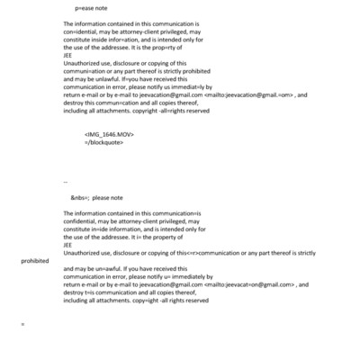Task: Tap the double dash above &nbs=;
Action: coord(65,180)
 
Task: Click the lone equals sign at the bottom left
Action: coord(22,346)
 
